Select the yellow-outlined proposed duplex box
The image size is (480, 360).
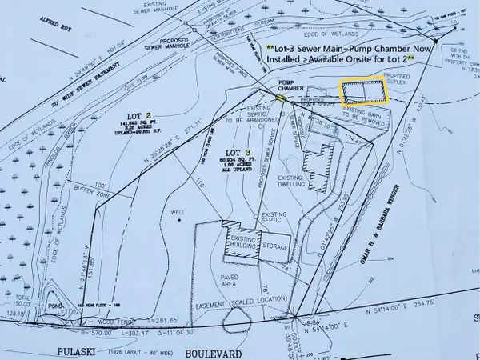[363, 92]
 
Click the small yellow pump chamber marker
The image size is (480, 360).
[281, 98]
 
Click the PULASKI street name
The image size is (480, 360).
[79, 350]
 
